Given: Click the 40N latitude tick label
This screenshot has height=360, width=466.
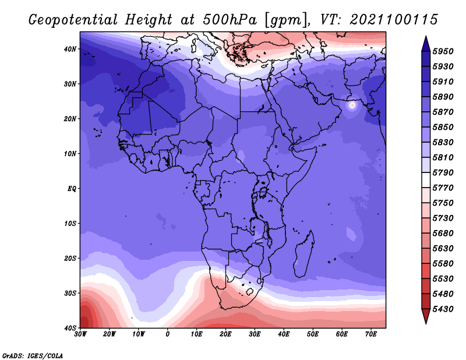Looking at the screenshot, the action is [70, 49].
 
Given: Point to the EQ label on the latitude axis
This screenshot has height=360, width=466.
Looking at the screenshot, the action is [72, 189].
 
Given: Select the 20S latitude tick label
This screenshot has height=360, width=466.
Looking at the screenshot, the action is [70, 258].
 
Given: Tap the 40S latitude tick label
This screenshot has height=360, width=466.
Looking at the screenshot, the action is [70, 328].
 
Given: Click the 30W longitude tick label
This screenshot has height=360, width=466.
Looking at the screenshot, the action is [80, 334].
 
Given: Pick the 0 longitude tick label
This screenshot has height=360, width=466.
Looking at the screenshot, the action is [168, 334].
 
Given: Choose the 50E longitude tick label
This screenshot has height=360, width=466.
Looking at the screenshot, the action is [313, 334].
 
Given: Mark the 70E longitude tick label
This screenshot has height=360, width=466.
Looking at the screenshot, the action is [371, 334].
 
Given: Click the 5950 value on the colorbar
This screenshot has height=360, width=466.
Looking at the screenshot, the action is [443, 51].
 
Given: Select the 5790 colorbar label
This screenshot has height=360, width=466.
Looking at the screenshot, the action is [443, 172].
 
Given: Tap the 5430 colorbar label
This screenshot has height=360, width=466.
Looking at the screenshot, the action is [443, 309].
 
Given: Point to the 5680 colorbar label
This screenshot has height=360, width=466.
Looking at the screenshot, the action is [443, 234].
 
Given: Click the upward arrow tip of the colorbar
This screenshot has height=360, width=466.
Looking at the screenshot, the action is [426, 37].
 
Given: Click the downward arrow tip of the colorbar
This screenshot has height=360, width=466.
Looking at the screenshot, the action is [426, 323].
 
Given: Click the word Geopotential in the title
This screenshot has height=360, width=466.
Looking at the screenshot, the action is [73, 20].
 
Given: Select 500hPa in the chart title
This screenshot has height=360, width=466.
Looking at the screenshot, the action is [230, 20].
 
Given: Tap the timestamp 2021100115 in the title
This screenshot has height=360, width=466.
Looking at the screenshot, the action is [394, 19].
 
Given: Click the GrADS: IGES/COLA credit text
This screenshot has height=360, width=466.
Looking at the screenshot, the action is [33, 356].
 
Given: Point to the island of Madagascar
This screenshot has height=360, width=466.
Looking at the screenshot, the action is [303, 254].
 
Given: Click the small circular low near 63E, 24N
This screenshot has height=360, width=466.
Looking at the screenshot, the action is [352, 105].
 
